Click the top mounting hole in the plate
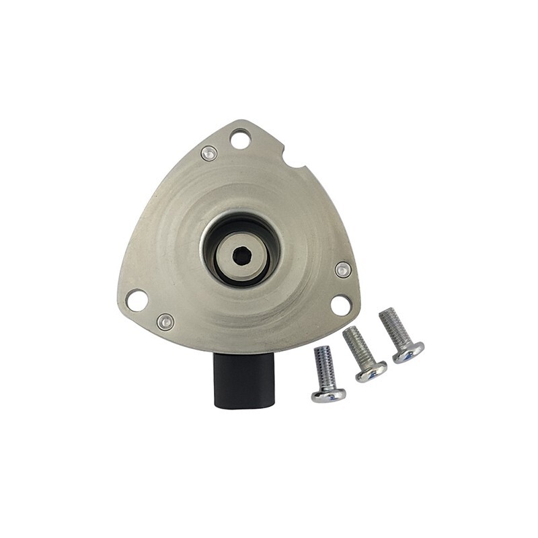coord(239,139)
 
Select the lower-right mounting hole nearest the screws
coord(341,305)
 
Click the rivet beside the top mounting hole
coord(209,153)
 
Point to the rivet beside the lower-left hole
coord(165,321)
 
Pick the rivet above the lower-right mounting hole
coord(343,270)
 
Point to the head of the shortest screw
coord(328,394)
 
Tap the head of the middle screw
coord(371,371)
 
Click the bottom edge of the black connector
coord(241,406)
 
